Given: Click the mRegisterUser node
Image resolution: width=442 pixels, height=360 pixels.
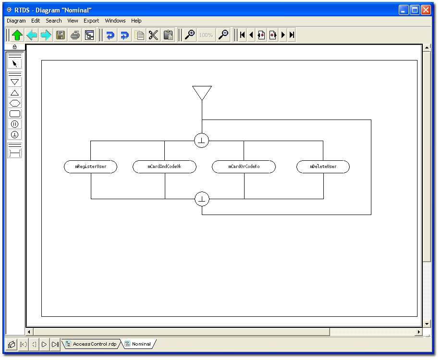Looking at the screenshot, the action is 90,167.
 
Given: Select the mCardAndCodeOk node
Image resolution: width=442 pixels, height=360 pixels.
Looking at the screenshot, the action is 164,167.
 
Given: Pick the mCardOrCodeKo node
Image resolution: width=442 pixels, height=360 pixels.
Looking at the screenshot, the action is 244,167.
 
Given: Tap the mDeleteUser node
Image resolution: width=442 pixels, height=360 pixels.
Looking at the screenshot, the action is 323,167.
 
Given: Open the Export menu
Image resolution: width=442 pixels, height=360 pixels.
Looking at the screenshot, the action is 91,21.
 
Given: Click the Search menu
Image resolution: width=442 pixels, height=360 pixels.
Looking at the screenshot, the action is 53,21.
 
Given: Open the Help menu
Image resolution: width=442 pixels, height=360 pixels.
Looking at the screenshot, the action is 136,21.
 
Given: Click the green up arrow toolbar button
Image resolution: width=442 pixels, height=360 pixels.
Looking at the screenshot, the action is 17,35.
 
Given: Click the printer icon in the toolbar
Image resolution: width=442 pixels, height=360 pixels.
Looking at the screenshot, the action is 75,35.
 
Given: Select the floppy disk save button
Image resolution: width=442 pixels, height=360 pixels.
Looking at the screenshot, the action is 61,35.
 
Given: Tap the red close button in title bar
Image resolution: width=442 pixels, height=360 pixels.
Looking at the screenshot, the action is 426,10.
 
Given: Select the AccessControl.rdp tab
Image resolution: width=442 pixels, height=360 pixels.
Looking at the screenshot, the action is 91,344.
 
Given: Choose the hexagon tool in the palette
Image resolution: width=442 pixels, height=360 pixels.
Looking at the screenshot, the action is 15,103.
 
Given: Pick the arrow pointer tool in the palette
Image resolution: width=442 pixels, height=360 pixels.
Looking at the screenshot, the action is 15,64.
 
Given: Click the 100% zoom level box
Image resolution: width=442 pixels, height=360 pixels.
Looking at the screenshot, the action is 206,35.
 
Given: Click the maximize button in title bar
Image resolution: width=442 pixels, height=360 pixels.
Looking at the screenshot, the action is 415,10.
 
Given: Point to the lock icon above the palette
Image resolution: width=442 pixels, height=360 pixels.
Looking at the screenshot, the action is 15,47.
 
